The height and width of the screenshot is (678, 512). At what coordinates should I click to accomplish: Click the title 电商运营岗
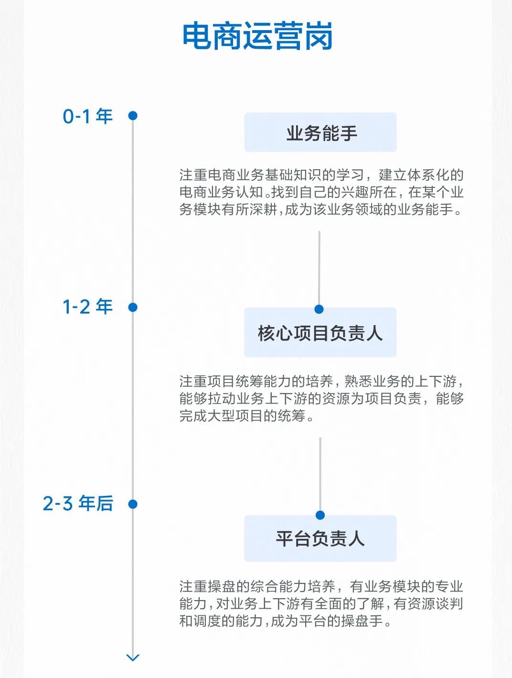257,36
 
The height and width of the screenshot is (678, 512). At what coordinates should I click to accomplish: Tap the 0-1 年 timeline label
87,117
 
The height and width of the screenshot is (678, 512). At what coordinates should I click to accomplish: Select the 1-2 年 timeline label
87,306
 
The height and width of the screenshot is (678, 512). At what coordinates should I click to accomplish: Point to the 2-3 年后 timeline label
78,503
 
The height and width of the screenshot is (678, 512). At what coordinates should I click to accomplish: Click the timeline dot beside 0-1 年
133,116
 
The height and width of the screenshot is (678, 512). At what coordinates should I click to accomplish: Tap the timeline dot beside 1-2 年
133,307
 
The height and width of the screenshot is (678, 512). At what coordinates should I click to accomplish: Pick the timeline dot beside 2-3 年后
133,504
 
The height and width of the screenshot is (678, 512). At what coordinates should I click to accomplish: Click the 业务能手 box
320,132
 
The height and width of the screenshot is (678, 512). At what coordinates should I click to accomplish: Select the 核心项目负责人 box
320,332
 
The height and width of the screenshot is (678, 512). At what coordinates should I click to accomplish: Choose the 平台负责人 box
320,538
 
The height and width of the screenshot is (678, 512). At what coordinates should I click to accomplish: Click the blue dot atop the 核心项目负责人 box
319,309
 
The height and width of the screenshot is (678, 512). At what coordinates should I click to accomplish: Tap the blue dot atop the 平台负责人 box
320,515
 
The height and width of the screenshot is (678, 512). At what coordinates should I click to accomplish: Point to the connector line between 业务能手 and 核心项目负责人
319,268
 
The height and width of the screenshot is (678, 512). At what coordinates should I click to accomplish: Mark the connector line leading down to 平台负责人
320,474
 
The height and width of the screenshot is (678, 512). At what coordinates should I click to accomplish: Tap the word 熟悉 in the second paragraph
358,382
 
